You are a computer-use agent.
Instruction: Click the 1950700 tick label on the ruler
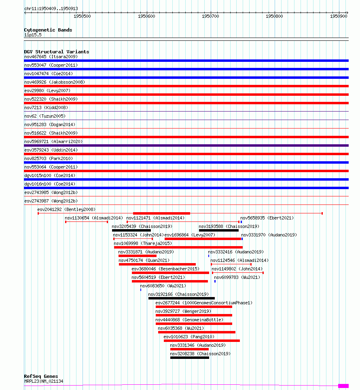[x=210, y=16]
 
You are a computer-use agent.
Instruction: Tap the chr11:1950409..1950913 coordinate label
[x=51, y=8]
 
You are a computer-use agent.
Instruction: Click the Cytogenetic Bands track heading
[x=48, y=30]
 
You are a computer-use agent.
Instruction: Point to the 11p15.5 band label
[x=32, y=35]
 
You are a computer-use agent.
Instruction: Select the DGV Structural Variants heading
[x=56, y=52]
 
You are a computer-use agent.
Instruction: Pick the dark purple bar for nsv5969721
[x=186, y=145]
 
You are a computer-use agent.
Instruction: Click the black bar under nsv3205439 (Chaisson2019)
[x=131, y=230]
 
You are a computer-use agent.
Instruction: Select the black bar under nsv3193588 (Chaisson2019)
[x=218, y=230]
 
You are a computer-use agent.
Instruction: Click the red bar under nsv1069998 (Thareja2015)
[x=178, y=247]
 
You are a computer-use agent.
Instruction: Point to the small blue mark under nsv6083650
[x=141, y=290]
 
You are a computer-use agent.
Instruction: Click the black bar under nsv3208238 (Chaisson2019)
[x=189, y=358]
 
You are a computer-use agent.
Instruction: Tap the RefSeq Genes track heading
[x=41, y=376]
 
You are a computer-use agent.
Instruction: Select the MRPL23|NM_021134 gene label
[x=43, y=381]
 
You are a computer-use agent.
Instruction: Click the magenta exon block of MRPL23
[x=343, y=386]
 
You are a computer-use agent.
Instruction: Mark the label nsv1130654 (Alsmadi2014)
[x=94, y=218]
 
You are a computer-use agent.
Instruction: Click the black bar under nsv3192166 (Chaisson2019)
[x=181, y=298]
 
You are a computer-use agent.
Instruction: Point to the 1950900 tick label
[x=339, y=16]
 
